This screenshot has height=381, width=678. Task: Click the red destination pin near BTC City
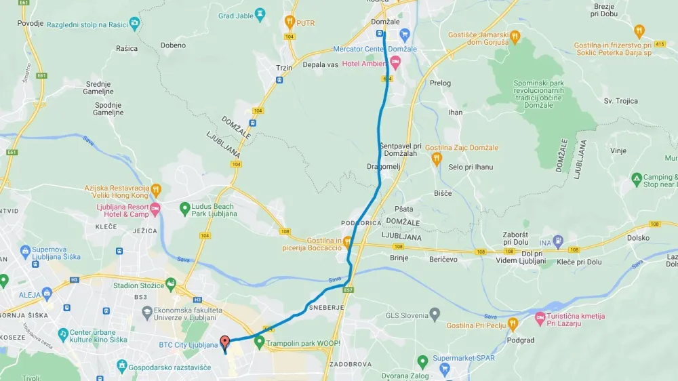click(225, 342)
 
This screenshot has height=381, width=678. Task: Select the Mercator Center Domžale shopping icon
click(405, 35)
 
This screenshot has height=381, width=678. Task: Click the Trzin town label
click(283, 68)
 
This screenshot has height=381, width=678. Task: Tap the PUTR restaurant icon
click(290, 21)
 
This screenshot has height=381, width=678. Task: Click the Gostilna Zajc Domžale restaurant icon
click(437, 159)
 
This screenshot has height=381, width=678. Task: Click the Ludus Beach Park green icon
click(184, 208)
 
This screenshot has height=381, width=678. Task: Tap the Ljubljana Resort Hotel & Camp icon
click(155, 208)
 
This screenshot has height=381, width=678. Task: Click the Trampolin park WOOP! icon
click(258, 343)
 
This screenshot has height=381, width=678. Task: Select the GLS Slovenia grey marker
click(434, 315)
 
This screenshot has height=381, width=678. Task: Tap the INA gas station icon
click(558, 241)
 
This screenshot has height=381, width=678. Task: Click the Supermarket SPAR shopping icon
click(445, 369)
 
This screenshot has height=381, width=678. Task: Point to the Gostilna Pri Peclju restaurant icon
click(513, 325)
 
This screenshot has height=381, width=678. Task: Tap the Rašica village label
click(127, 49)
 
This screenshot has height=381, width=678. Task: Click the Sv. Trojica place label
click(621, 101)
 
